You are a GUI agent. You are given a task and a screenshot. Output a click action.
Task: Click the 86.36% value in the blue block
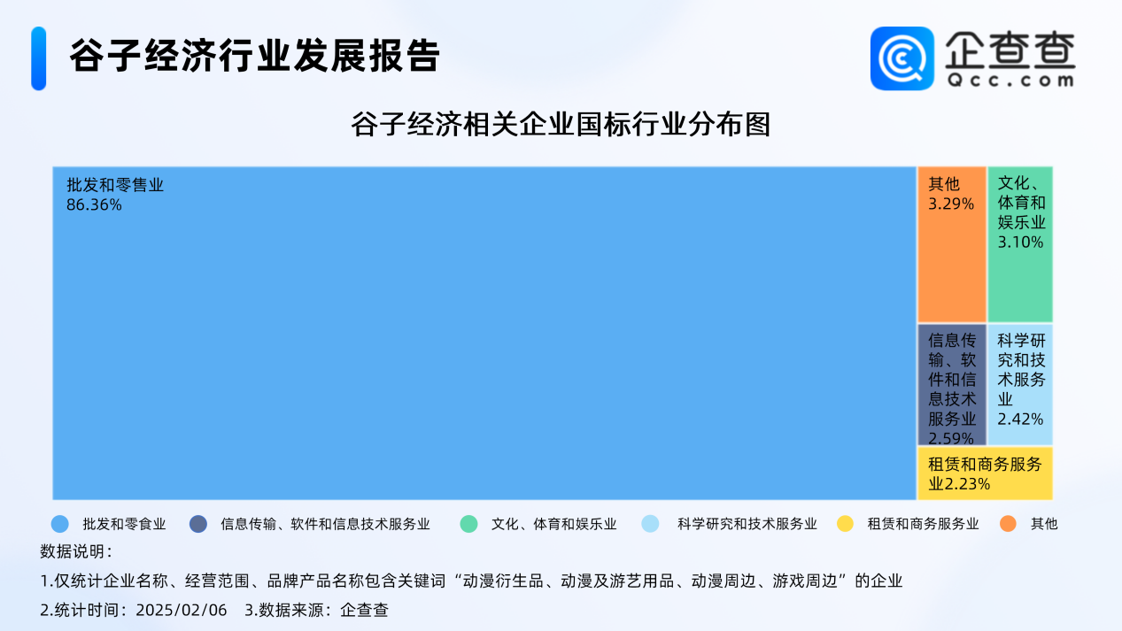[x=94, y=204]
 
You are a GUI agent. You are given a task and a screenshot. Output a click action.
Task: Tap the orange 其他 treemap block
[x=952, y=244]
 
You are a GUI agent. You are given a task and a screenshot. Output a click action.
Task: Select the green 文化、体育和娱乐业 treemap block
[x=1020, y=244]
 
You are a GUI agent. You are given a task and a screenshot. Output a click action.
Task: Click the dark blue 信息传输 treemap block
[x=952, y=384]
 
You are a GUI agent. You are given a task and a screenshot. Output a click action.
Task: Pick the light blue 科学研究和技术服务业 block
[x=1020, y=384]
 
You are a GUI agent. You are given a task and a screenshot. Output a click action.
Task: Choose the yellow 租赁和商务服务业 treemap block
[x=985, y=473]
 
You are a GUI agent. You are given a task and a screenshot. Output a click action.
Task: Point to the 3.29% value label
[x=951, y=204]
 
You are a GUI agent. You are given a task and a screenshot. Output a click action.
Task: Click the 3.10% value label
[x=1020, y=242]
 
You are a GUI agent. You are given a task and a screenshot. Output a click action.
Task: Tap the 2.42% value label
[x=1020, y=419]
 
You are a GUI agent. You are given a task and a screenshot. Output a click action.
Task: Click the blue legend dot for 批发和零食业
[x=60, y=524]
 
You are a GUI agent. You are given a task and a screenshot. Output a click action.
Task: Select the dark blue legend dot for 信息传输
[x=198, y=524]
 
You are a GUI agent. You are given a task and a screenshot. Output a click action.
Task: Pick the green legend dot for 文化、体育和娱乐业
[x=468, y=524]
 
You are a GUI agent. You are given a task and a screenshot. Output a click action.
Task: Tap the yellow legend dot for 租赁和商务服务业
[x=845, y=524]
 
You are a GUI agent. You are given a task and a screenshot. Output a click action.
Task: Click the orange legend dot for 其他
[x=1008, y=524]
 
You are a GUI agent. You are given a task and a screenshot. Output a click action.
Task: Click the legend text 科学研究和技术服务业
[x=747, y=524]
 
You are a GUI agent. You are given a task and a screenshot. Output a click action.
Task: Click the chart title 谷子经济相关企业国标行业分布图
[x=561, y=124]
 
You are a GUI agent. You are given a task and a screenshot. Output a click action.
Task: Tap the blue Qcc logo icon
[x=902, y=58]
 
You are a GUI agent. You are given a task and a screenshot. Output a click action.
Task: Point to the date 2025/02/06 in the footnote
[x=182, y=610]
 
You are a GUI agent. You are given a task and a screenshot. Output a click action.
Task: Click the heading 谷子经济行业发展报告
[x=254, y=56]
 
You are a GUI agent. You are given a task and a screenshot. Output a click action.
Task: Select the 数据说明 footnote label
[x=76, y=551]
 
